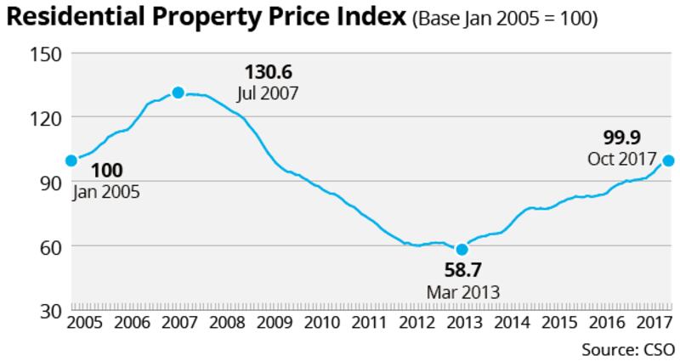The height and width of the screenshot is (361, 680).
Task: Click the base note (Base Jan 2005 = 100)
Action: (505, 20)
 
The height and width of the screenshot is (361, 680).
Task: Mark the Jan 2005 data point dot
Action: (71, 160)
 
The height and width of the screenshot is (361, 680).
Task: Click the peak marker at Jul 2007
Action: (178, 93)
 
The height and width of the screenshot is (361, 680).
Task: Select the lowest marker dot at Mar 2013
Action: (462, 249)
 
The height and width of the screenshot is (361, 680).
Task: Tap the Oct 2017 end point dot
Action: (668, 161)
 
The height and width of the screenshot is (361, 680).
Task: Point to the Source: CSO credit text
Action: (627, 349)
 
